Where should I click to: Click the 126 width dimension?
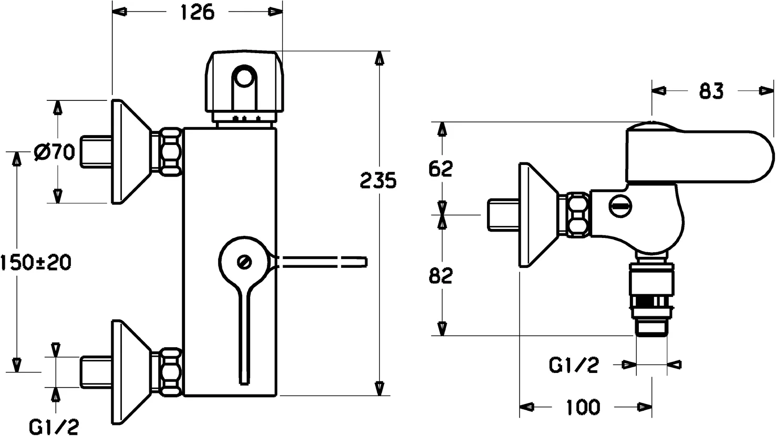coord(198,13)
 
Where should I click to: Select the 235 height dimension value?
coord(378,180)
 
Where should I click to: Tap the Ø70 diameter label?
coord(54,153)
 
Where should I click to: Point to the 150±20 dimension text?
coord(36,262)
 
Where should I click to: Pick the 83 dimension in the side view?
coord(711,91)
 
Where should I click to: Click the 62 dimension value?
coord(440,169)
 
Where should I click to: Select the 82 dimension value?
coord(440,275)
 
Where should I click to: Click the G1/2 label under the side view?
coord(574,364)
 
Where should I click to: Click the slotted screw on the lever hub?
coord(244,262)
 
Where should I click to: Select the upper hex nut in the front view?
coord(170,151)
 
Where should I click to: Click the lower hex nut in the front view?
coord(170,371)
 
